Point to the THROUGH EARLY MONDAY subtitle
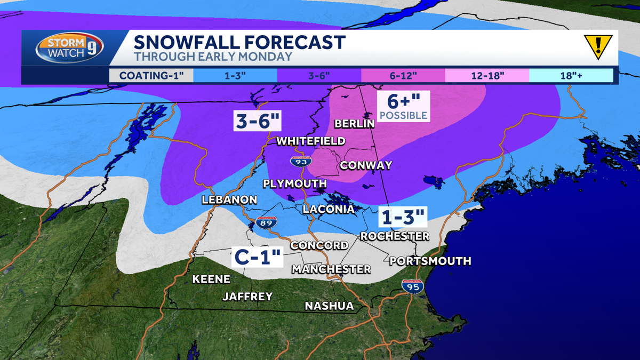pos(213,57)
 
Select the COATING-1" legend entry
pos(151,75)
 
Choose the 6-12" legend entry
pos(403,75)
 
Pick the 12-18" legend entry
pos(487,75)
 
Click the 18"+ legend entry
pos(571,75)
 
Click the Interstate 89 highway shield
pos(265,223)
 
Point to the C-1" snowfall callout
pos(257,258)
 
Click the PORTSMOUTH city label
pos(430,261)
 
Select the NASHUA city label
pos(329,306)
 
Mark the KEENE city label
pos(211,279)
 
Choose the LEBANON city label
pos(229,199)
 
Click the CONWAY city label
pos(366,165)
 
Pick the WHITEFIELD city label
pos(311,141)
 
